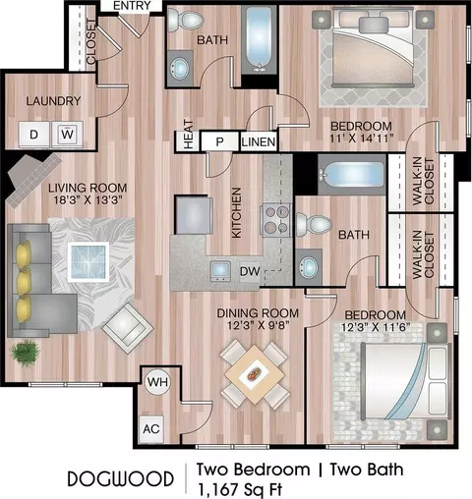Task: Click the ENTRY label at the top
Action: coord(132,6)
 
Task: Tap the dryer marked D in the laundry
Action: coord(34,135)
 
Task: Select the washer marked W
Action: coord(67,135)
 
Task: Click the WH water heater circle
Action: coord(157,382)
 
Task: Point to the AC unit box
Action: coord(151,429)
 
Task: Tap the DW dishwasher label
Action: coord(250,271)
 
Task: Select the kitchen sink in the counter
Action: coord(220,271)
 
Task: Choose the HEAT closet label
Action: coord(188,135)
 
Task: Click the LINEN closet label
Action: coord(259,142)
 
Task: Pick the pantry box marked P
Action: coord(219,141)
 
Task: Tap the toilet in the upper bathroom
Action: coord(184,20)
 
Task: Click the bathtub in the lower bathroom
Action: coord(351,174)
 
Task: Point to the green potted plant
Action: coord(25,354)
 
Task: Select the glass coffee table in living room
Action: coord(88,262)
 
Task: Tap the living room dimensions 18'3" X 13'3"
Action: coord(88,199)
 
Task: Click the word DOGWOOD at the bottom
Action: coord(120,479)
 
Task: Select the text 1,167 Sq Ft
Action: coord(240,490)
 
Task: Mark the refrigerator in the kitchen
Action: coord(194,215)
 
